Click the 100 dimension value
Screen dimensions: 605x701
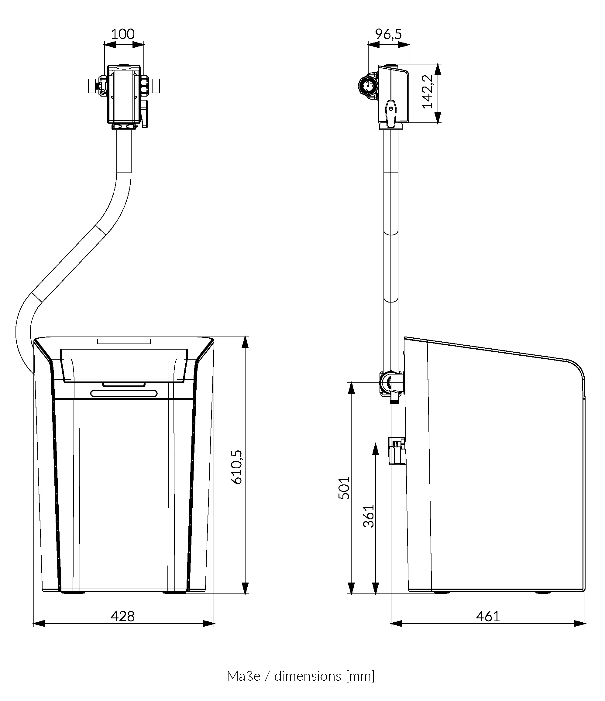point(122,34)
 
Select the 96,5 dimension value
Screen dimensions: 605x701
point(388,34)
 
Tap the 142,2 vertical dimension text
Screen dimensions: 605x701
point(428,91)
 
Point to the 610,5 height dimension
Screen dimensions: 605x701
point(237,467)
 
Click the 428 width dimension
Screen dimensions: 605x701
point(122,617)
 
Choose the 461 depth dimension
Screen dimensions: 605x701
point(488,617)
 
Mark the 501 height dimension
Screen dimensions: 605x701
point(344,488)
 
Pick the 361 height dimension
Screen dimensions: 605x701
point(369,516)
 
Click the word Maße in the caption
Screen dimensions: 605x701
point(244,676)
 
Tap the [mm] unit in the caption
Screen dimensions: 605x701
point(360,676)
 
